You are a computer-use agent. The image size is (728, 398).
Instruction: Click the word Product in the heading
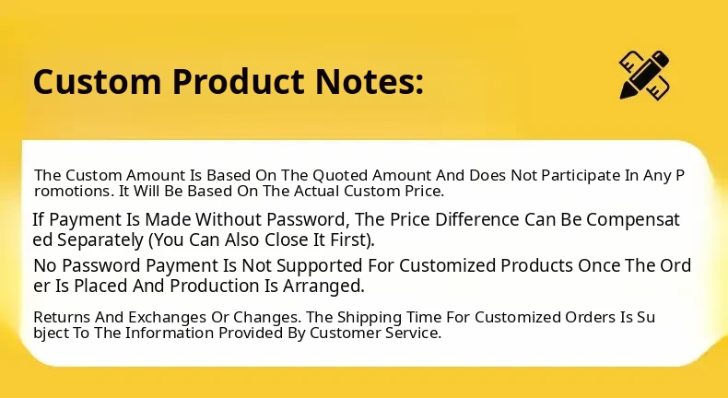[x=239, y=81]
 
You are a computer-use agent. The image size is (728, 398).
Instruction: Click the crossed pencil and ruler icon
[x=644, y=75]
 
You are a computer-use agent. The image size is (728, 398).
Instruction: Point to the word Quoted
[x=340, y=176]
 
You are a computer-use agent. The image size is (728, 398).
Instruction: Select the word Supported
[x=320, y=265]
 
